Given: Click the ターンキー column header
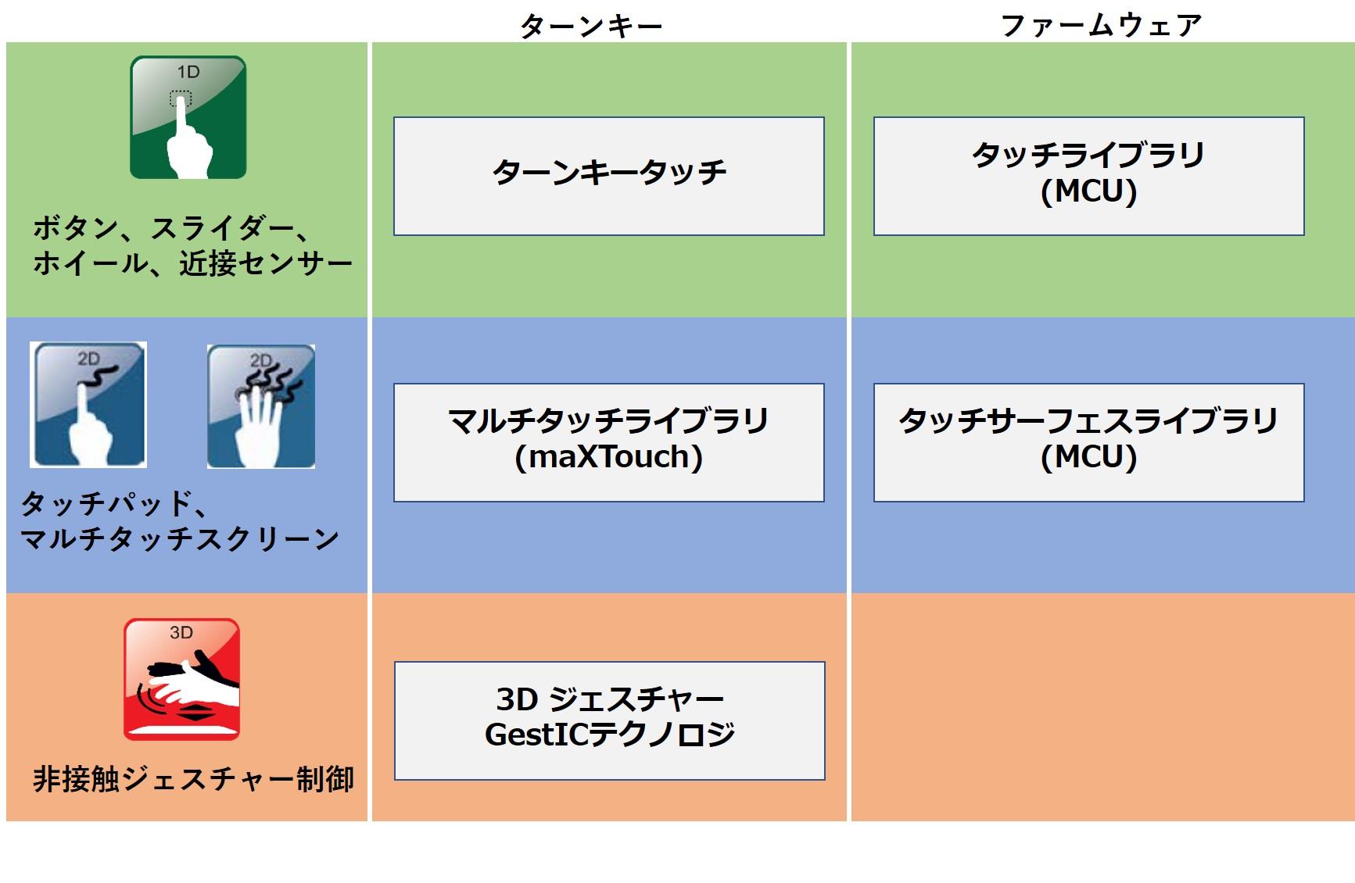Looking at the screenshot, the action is tap(590, 26).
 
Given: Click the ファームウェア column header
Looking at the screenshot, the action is tap(1100, 26).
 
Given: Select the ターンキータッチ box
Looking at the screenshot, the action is tap(608, 176).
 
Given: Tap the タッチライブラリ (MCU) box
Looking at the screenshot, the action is tap(1088, 176).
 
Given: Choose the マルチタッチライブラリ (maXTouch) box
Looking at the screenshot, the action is tap(608, 442).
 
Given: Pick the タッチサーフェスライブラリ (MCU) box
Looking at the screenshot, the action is tap(1088, 442).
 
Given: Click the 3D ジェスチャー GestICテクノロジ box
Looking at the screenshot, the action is tap(609, 720).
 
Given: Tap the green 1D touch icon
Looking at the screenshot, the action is tap(188, 117).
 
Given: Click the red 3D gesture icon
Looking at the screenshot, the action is tap(181, 679).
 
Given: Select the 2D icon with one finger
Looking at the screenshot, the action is tap(88, 405).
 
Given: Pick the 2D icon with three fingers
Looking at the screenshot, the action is tap(261, 406).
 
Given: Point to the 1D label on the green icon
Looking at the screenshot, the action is tap(188, 73).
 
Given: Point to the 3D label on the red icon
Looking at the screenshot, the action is tap(181, 633).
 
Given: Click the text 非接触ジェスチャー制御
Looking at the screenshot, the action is tap(193, 779).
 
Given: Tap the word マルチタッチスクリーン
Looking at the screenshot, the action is tap(180, 538).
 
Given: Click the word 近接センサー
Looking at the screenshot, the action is tap(266, 263).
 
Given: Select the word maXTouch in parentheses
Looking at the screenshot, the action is tap(609, 457).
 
